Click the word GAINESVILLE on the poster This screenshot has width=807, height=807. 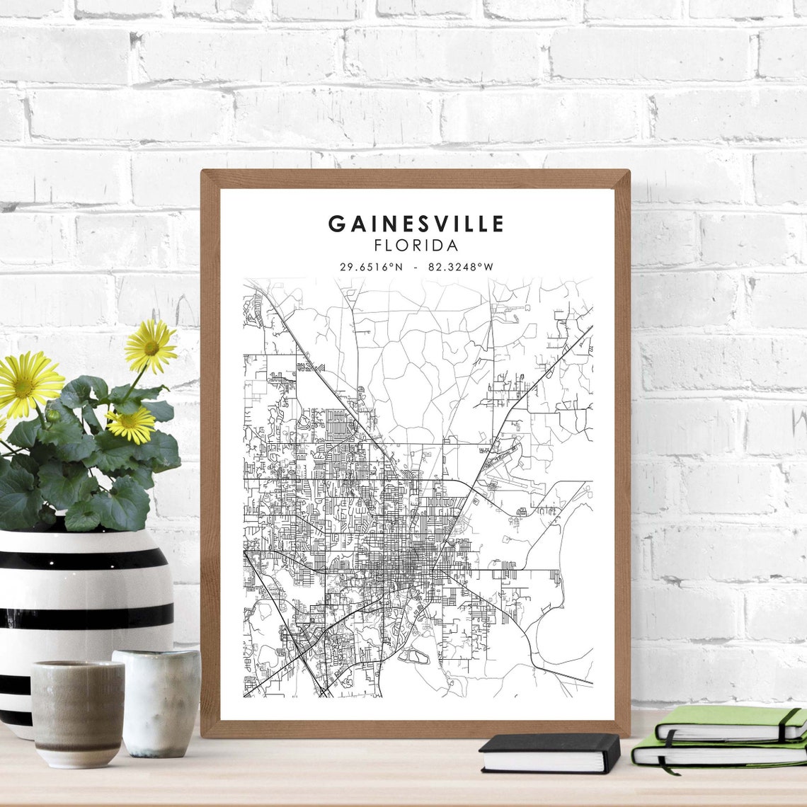pyautogui.click(x=416, y=224)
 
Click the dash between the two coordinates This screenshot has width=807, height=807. pyautogui.click(x=415, y=267)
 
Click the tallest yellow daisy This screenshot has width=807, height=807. pyautogui.click(x=151, y=346)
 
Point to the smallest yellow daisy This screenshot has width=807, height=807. pyautogui.click(x=131, y=424)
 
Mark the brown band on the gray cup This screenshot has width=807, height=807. pyautogui.click(x=78, y=745)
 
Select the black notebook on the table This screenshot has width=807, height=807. pyautogui.click(x=549, y=752)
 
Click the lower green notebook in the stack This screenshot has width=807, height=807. pyautogui.click(x=715, y=754)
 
